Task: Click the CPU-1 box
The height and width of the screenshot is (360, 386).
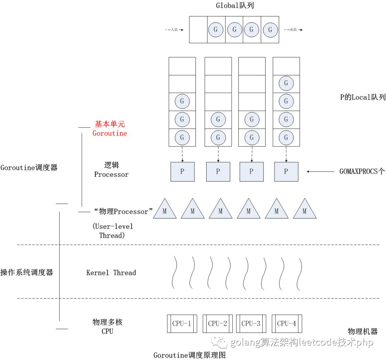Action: tap(182, 324)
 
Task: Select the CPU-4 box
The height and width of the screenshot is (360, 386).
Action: tap(287, 324)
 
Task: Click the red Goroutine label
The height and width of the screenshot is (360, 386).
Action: tap(110, 133)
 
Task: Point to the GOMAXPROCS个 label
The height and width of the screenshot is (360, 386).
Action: tap(362, 171)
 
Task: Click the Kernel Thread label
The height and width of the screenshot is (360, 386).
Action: tap(111, 273)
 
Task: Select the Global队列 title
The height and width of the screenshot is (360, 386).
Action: tap(235, 5)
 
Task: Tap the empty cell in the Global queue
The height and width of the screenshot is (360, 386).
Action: tap(198, 30)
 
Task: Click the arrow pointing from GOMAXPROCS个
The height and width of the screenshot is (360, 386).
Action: tap(320, 172)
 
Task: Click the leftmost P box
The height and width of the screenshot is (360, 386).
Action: tap(182, 171)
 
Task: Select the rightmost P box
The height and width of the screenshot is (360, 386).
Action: tap(286, 171)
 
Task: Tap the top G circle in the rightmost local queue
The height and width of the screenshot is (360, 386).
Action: tap(286, 84)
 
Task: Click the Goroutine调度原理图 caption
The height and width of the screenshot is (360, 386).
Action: tap(189, 355)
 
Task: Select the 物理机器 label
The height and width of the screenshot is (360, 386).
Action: tap(363, 331)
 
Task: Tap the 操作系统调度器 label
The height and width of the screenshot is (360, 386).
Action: tap(27, 272)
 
